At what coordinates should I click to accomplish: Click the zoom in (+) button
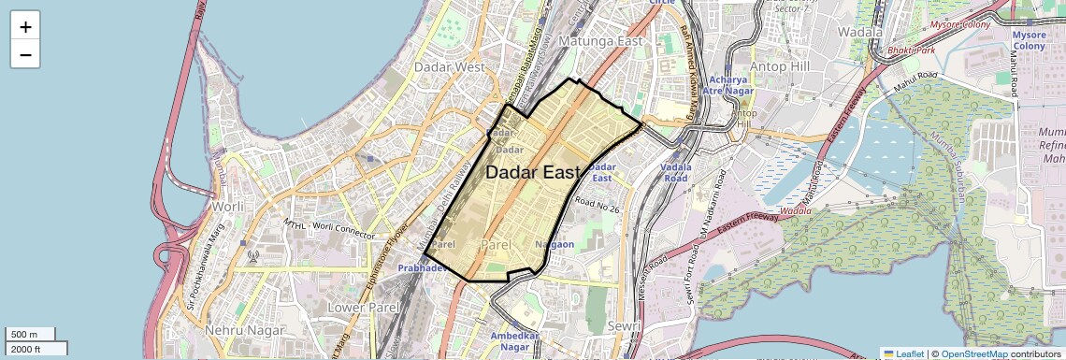pos(25,26)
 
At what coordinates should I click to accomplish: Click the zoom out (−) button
pos(25,54)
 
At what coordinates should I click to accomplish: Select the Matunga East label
pos(599,41)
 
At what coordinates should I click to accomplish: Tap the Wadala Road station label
pos(674,172)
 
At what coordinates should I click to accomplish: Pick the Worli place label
pos(228,206)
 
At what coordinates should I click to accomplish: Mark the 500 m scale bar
pos(28,335)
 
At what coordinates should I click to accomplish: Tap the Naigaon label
pos(554,244)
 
